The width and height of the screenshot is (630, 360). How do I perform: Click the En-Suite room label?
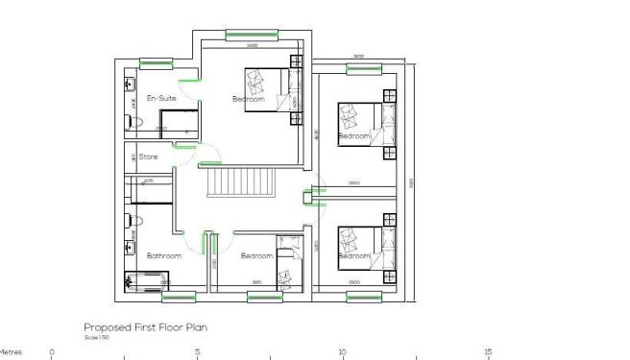pyautogui.click(x=160, y=98)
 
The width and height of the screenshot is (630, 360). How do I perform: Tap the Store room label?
pyautogui.click(x=148, y=156)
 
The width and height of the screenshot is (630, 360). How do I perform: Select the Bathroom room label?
pyautogui.click(x=163, y=256)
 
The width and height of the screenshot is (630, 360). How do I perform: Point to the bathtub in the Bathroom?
pyautogui.click(x=147, y=281)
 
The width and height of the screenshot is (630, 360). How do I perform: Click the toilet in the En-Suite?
pyautogui.click(x=134, y=121)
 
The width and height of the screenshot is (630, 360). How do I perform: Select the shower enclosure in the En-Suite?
pyautogui.click(x=180, y=123)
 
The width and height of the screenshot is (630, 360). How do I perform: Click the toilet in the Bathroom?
pyautogui.click(x=133, y=221)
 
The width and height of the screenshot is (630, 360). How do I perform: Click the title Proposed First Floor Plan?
pyautogui.click(x=145, y=327)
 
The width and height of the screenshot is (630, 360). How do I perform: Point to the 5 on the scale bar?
pyautogui.click(x=197, y=352)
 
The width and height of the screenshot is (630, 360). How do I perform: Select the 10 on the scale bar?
pyautogui.click(x=342, y=352)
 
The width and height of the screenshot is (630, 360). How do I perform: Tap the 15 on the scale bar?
pyautogui.click(x=488, y=352)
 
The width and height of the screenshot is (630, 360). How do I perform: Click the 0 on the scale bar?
pyautogui.click(x=52, y=352)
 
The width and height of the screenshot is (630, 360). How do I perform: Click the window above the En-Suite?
pyautogui.click(x=155, y=64)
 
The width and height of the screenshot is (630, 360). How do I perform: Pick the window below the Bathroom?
pyautogui.click(x=178, y=297)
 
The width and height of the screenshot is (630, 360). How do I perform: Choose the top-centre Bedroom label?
pyautogui.click(x=248, y=98)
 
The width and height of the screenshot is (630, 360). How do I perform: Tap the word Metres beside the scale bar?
pyautogui.click(x=12, y=352)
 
